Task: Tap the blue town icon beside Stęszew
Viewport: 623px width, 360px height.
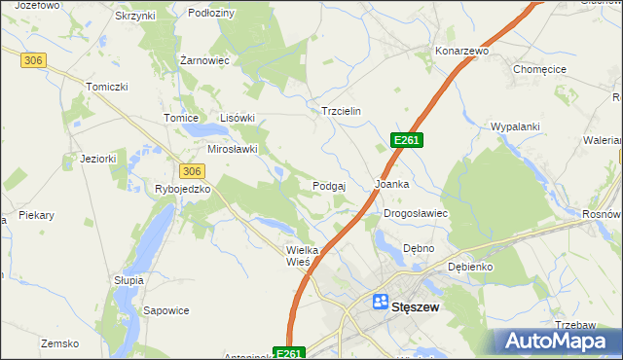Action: click(381, 303)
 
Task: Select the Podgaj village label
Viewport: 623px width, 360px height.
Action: click(330, 185)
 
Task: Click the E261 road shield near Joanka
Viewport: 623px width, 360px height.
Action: click(406, 141)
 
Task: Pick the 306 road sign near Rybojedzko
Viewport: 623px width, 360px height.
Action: click(192, 170)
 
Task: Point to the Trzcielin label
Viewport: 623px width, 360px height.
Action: click(341, 111)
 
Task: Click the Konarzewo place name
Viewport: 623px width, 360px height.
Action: click(461, 50)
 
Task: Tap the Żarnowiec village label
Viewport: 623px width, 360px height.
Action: click(204, 59)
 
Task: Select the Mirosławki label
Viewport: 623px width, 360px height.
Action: click(233, 149)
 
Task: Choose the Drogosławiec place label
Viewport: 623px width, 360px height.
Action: click(416, 212)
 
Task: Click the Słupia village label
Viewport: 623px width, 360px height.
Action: click(128, 279)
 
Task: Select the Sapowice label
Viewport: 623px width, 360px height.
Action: click(165, 310)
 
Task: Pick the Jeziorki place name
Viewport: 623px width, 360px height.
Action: click(98, 159)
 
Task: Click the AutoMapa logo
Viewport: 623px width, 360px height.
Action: click(558, 341)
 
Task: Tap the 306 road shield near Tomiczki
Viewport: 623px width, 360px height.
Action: click(33, 60)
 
